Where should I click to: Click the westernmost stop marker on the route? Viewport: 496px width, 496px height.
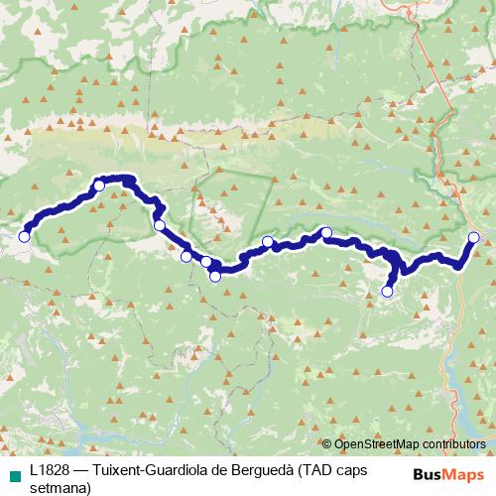click(24, 236)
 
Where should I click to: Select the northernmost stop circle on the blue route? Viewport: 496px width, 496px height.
click(99, 185)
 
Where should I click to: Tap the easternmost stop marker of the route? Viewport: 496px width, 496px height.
click(474, 236)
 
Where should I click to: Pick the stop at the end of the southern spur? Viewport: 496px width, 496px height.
click(387, 292)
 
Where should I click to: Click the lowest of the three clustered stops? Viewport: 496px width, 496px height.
click(214, 276)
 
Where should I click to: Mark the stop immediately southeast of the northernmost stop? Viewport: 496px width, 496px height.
click(160, 225)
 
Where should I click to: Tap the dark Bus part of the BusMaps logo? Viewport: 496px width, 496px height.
click(430, 474)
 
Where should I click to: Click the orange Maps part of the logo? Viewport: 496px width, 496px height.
click(465, 474)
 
